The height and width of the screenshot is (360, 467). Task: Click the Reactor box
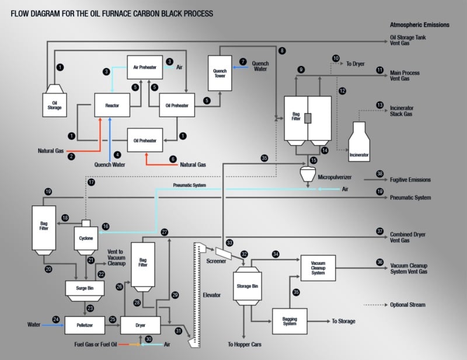click(x=112, y=106)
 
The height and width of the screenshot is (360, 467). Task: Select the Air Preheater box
click(x=144, y=67)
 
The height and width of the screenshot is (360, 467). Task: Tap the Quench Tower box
click(x=219, y=72)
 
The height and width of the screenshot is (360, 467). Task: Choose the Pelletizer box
click(x=84, y=324)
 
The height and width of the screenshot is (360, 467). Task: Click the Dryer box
click(x=140, y=324)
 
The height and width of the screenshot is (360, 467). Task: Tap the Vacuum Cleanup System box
click(x=318, y=268)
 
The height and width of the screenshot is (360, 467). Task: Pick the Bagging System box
click(x=290, y=321)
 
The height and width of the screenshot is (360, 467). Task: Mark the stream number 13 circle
click(x=380, y=105)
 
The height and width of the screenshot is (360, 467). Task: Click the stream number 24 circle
click(x=56, y=319)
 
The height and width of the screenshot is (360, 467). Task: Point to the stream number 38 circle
click(x=379, y=174)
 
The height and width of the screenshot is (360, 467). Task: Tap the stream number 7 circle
click(x=243, y=61)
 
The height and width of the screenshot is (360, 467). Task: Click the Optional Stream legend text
click(x=409, y=305)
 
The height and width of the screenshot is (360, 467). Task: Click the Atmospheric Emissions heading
click(x=420, y=25)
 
